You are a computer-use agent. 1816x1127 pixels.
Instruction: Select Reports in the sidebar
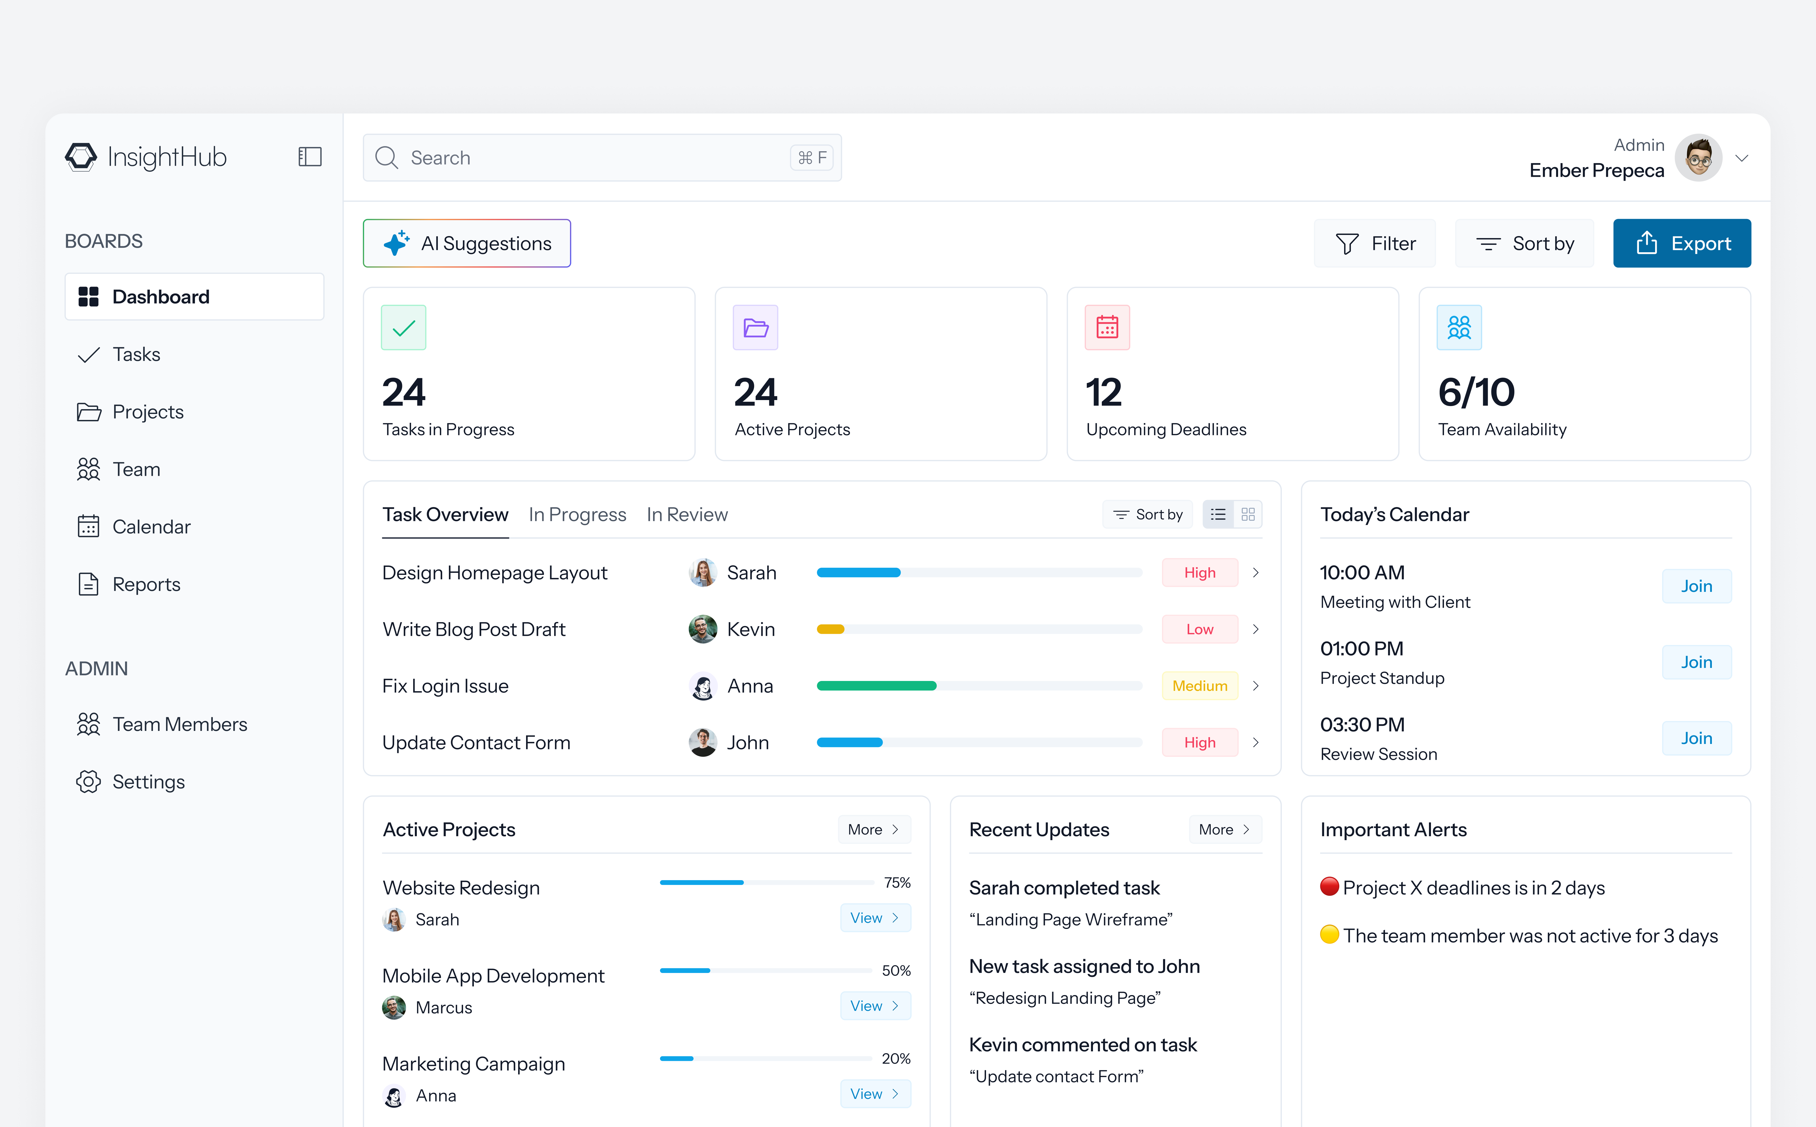(x=146, y=584)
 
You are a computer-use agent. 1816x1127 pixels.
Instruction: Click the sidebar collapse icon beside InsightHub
(x=309, y=157)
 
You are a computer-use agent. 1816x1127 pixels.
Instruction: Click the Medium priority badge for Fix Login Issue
(x=1199, y=686)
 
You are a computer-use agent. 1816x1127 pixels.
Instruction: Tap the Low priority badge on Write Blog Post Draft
(x=1199, y=629)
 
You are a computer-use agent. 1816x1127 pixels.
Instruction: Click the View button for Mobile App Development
(x=874, y=1006)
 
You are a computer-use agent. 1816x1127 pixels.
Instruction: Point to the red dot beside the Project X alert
(x=1329, y=886)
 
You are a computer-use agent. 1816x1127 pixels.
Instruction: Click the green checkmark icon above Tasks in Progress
(x=403, y=327)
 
